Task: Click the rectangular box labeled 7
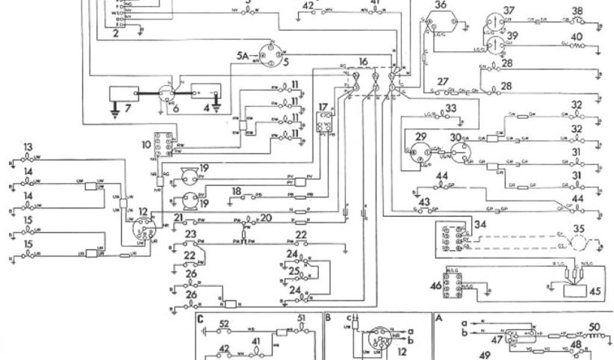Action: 123,94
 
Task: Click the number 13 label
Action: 28,148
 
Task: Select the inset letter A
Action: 440,318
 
